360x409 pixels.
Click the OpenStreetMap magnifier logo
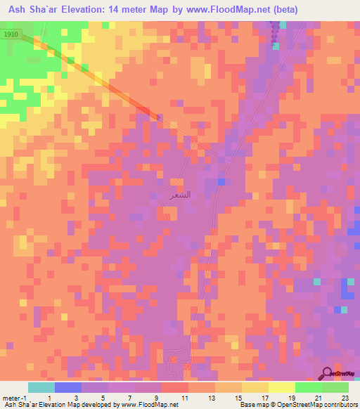coord(326,374)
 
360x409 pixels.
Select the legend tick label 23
coord(345,397)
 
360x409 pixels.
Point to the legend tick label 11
coord(186,397)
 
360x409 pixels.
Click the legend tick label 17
coord(266,397)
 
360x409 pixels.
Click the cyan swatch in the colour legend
coord(41,387)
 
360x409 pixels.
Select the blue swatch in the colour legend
coord(68,387)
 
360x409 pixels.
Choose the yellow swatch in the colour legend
coord(282,387)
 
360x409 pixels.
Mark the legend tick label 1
coord(49,397)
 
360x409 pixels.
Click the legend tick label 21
coord(319,397)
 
